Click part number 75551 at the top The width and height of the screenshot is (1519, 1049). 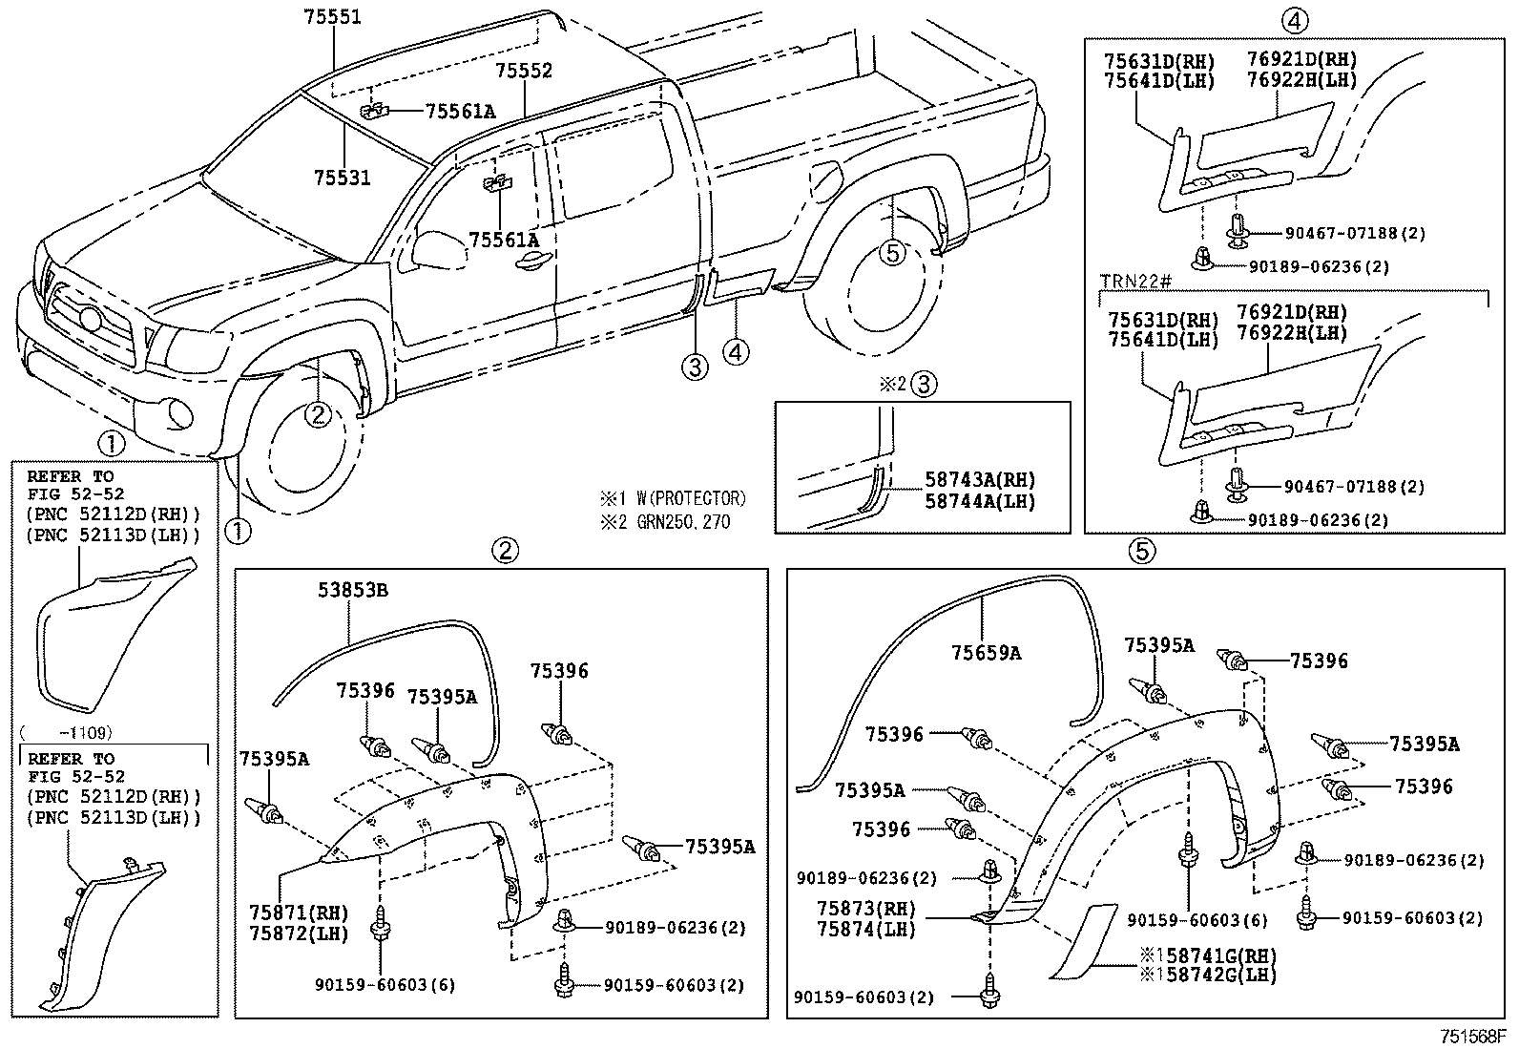(333, 17)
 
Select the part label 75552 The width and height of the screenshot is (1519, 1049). (524, 72)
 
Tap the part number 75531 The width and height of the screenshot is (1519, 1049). (343, 178)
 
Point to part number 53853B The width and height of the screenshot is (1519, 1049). (353, 591)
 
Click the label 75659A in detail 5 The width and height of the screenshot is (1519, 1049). (987, 653)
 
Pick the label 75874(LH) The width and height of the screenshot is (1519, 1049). (866, 929)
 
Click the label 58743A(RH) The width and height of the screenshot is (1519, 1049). (980, 480)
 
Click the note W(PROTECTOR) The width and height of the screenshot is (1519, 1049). (673, 498)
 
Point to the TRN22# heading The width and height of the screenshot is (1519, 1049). (1134, 283)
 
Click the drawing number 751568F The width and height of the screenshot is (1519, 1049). (1473, 1036)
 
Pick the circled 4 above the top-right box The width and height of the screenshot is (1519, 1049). (1294, 18)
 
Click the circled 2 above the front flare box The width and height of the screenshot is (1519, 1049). (505, 550)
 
